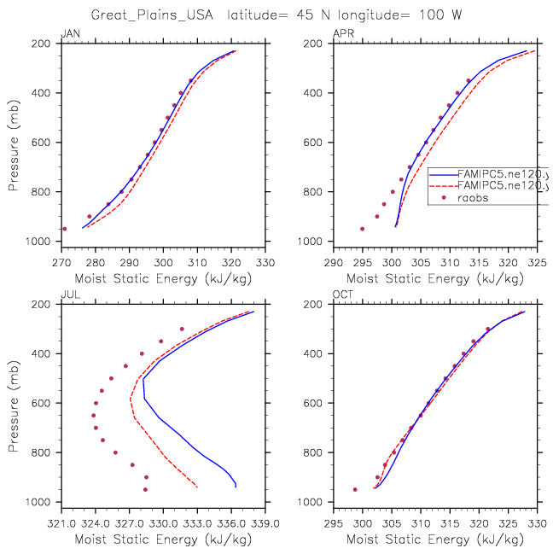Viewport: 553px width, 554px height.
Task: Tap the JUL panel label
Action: [x=68, y=296]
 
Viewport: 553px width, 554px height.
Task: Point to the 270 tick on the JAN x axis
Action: [x=61, y=263]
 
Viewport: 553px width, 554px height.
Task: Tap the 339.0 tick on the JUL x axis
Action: [x=265, y=524]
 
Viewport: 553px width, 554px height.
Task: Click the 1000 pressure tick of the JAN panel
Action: [x=42, y=242]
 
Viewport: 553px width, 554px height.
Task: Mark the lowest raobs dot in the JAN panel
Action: [x=64, y=229]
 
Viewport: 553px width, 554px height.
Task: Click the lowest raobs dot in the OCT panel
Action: [x=355, y=489]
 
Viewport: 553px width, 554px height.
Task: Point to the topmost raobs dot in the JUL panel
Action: [x=182, y=329]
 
